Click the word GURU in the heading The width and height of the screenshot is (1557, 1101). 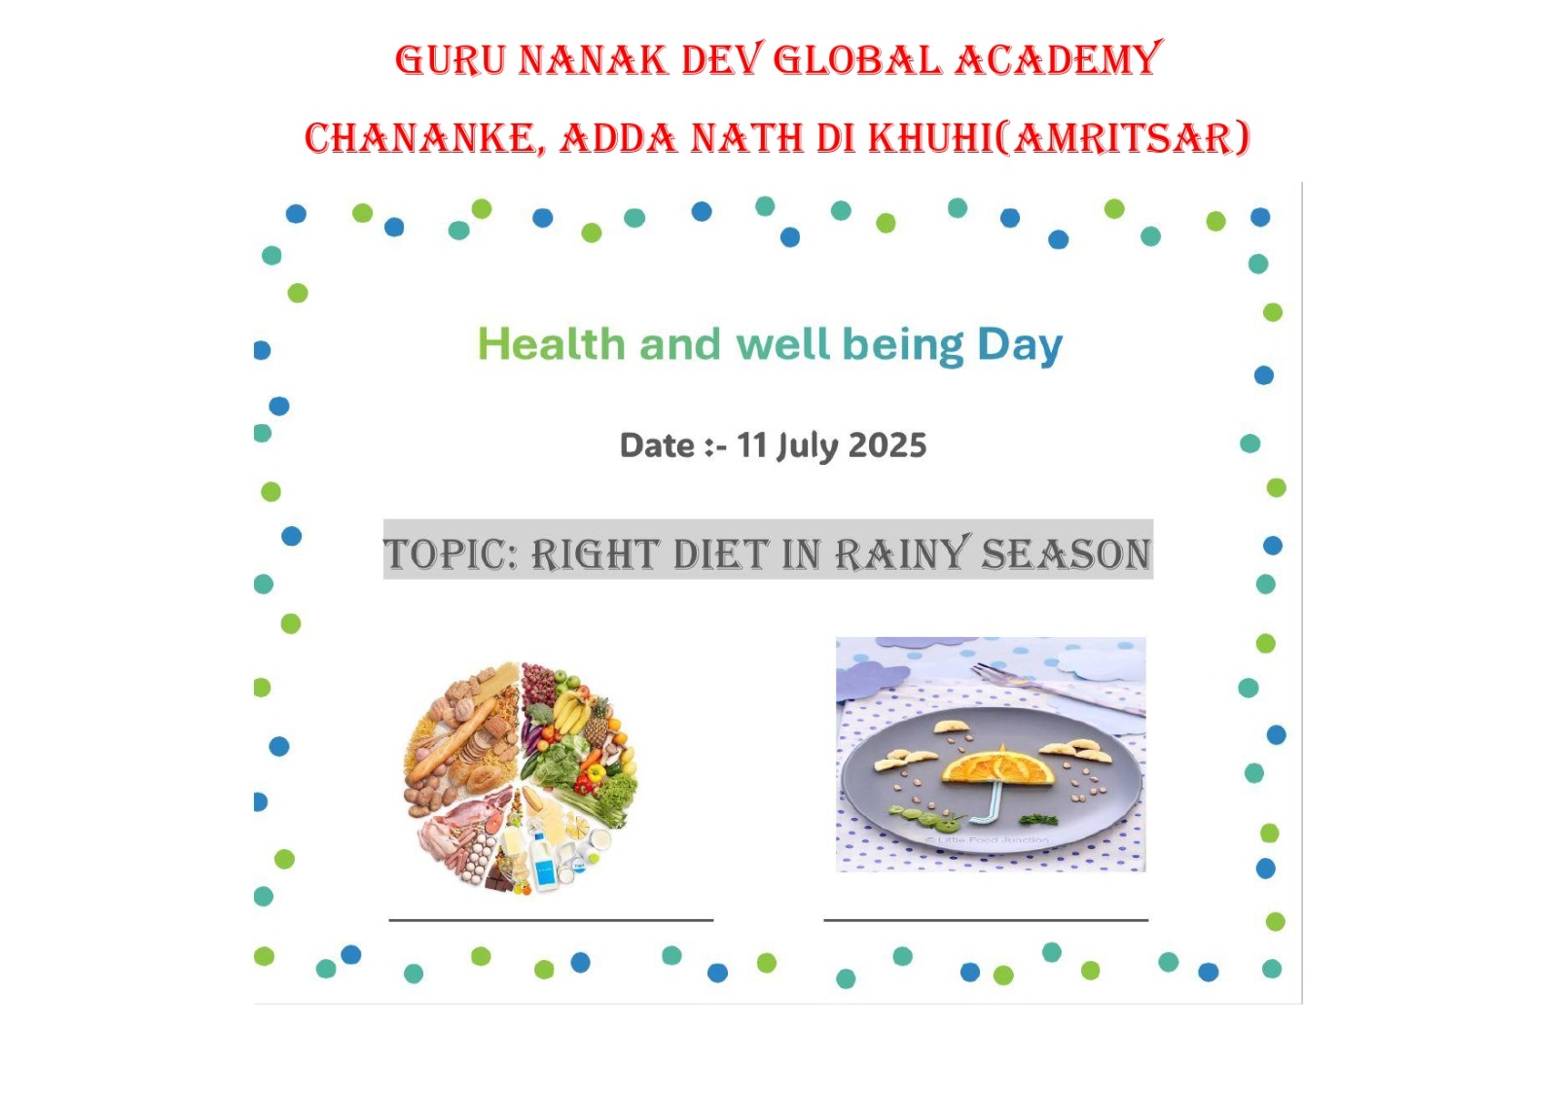pyautogui.click(x=450, y=59)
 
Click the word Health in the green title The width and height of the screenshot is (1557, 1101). pyautogui.click(x=551, y=344)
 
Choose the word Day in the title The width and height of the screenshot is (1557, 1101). pyautogui.click(x=1020, y=345)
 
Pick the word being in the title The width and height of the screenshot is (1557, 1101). pyautogui.click(x=903, y=345)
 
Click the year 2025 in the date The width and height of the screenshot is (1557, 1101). pyautogui.click(x=887, y=445)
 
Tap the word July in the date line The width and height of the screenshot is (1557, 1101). pyautogui.click(x=808, y=446)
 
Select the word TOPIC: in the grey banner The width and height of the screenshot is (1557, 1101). pyautogui.click(x=451, y=554)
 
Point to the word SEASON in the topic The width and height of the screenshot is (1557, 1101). pyautogui.click(x=1066, y=553)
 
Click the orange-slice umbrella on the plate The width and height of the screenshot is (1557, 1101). pyautogui.click(x=996, y=765)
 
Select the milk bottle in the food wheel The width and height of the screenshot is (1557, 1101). pyautogui.click(x=543, y=862)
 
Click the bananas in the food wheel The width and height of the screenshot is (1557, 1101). pyautogui.click(x=573, y=709)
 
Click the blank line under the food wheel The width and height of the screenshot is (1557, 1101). pyautogui.click(x=551, y=920)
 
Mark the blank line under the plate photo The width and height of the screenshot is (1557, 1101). pyautogui.click(x=986, y=920)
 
